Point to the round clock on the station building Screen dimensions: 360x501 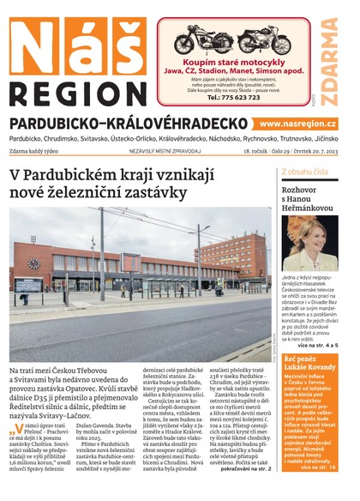(x=34, y=263)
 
